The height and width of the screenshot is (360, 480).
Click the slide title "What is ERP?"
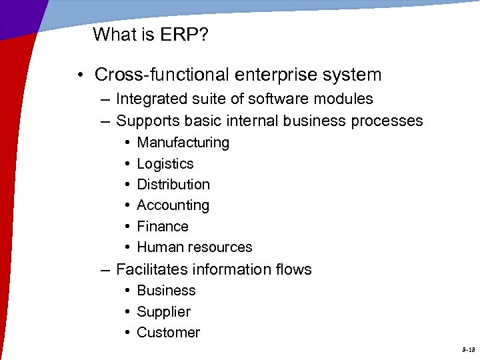point(150,35)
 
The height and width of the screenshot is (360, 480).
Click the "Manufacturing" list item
point(183,143)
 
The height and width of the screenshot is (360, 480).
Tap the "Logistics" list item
point(165,164)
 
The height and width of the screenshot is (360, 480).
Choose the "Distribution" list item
point(173,185)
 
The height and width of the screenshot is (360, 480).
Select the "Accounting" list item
point(173,205)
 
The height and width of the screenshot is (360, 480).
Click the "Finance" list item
point(162,227)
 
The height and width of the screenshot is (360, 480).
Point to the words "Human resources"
point(194,247)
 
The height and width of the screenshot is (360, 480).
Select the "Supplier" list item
point(163,312)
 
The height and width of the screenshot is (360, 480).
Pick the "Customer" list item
point(168,333)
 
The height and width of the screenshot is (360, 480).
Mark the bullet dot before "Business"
point(127,291)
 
